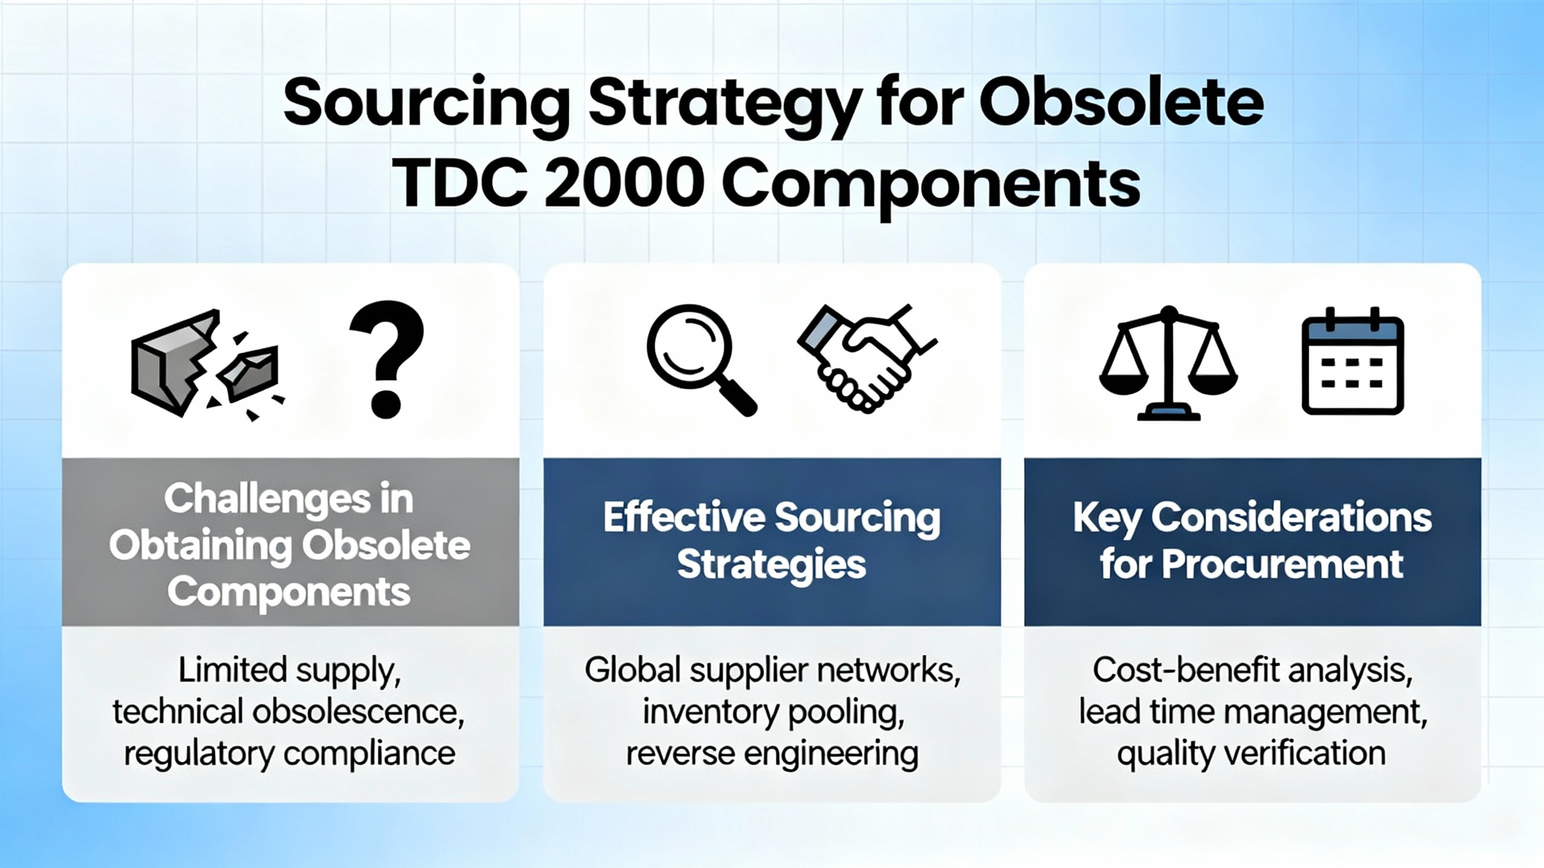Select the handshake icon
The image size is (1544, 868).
(866, 359)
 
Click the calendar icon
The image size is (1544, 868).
(1353, 362)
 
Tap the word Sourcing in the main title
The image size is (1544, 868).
(426, 104)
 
